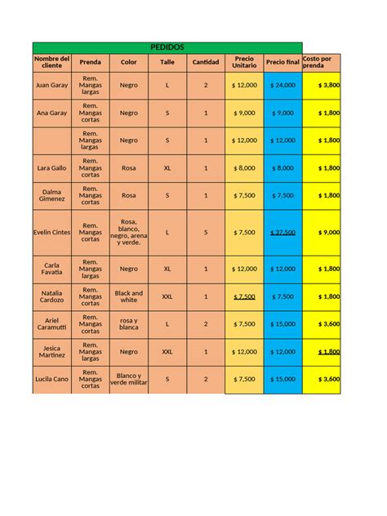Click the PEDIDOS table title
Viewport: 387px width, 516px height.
[167, 47]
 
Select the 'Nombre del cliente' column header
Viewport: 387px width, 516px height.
[51, 62]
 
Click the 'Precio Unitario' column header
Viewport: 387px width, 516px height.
[244, 62]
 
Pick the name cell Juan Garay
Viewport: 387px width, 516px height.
[51, 85]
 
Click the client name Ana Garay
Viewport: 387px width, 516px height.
[51, 113]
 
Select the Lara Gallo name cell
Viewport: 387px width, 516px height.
[51, 167]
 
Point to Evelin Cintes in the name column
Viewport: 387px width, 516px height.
[51, 232]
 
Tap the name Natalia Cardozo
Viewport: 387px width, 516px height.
[51, 296]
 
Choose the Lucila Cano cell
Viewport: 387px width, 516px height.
[51, 379]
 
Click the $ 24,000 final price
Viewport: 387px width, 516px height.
[282, 85]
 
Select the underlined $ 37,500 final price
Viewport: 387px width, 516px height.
[282, 232]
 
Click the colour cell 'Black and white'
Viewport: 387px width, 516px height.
[129, 296]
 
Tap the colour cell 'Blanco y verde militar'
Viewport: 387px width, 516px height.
[129, 379]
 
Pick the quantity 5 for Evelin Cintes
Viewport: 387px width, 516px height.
[206, 232]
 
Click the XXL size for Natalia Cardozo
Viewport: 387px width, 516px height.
[167, 296]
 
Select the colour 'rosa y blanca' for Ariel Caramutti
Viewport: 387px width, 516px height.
[129, 323]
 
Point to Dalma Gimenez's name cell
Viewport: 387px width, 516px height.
[51, 195]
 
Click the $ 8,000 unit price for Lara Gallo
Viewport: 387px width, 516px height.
[244, 167]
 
